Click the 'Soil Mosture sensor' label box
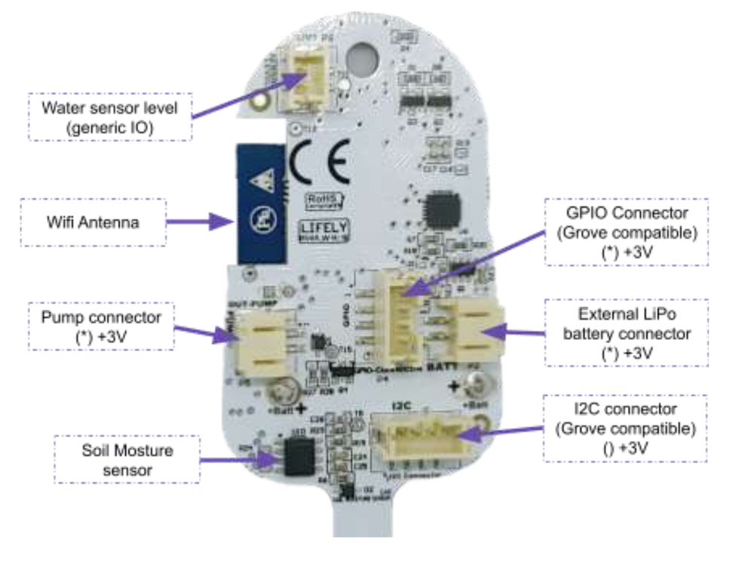pyautogui.click(x=127, y=459)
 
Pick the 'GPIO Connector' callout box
pyautogui.click(x=627, y=232)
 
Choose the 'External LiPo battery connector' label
pyautogui.click(x=627, y=333)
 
